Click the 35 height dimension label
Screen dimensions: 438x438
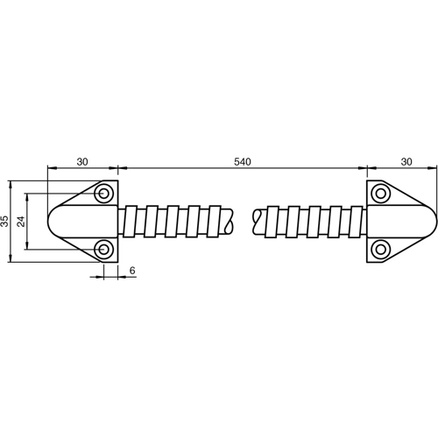tap(5, 221)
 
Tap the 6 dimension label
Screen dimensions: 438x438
tap(131, 272)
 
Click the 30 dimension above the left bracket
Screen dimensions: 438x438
tap(82, 163)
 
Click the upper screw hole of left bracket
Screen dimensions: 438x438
tap(104, 193)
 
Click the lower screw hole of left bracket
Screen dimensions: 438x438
tap(104, 250)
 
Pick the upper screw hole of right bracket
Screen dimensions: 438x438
tap(380, 193)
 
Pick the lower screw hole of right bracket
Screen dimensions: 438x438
tap(380, 250)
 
